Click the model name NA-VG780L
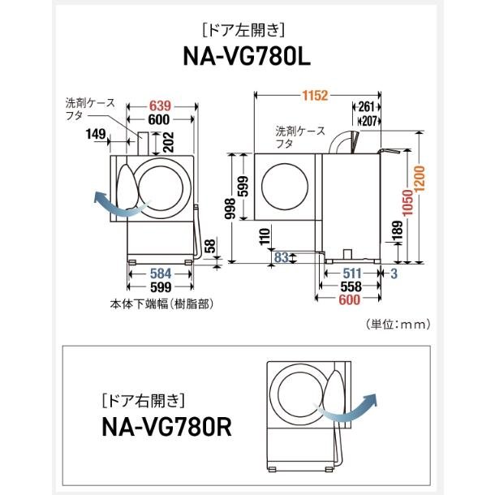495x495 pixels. click(247, 61)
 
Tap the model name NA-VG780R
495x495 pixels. click(167, 425)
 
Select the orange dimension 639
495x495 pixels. click(160, 105)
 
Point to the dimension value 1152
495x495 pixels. click(312, 96)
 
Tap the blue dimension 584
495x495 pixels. click(160, 273)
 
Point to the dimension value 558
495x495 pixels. click(350, 287)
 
